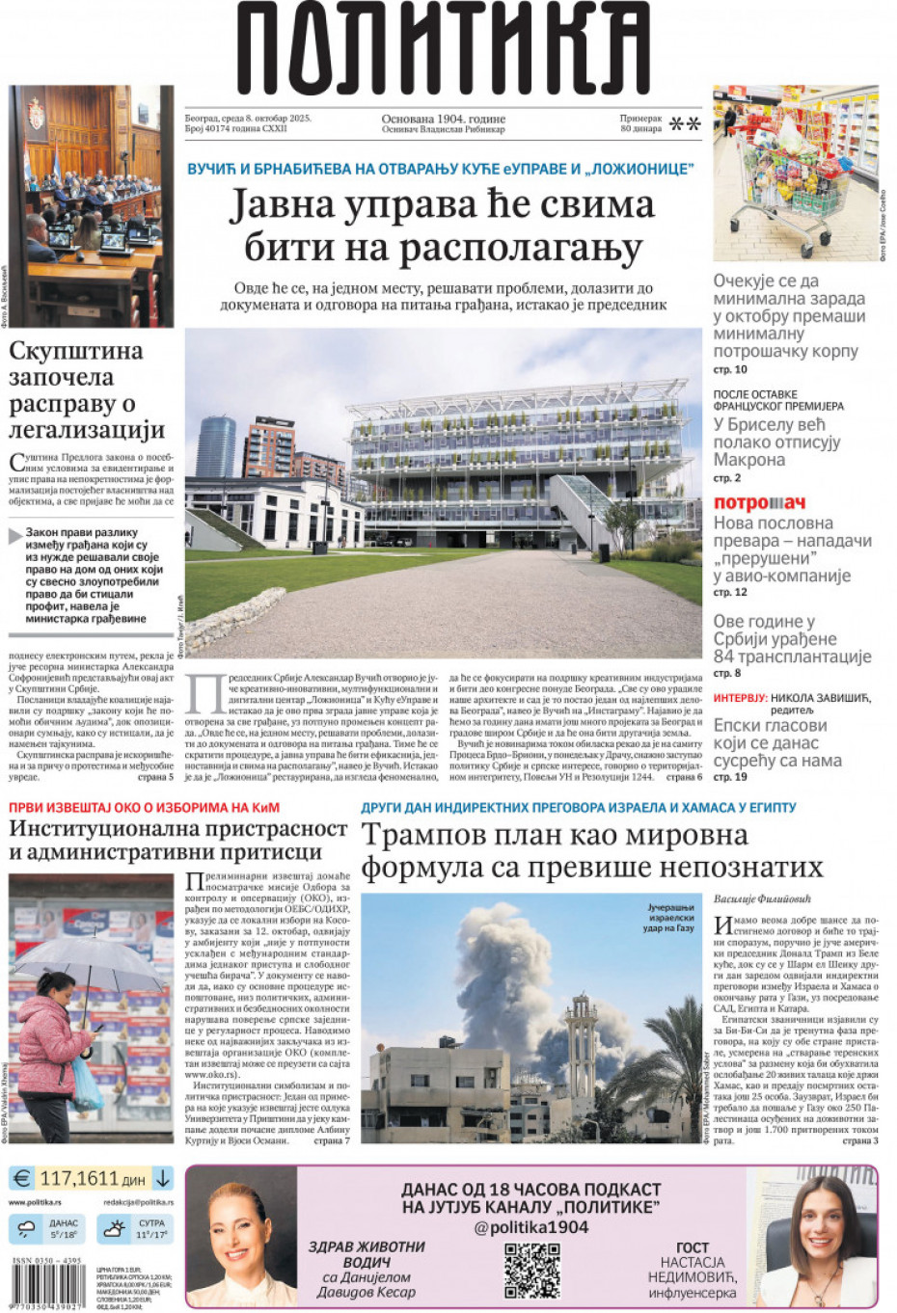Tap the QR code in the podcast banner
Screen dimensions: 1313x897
pyautogui.click(x=531, y=1270)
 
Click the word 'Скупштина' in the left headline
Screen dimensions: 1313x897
pyautogui.click(x=75, y=351)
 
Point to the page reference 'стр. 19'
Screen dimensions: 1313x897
pyautogui.click(x=730, y=777)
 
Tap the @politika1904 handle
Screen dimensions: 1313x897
pyautogui.click(x=530, y=1227)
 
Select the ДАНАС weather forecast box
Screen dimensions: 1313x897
pyautogui.click(x=47, y=1229)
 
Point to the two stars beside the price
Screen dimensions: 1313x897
pyautogui.click(x=685, y=123)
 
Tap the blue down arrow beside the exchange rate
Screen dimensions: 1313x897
pyautogui.click(x=162, y=1178)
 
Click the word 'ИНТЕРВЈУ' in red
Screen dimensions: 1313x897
pyautogui.click(x=740, y=697)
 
